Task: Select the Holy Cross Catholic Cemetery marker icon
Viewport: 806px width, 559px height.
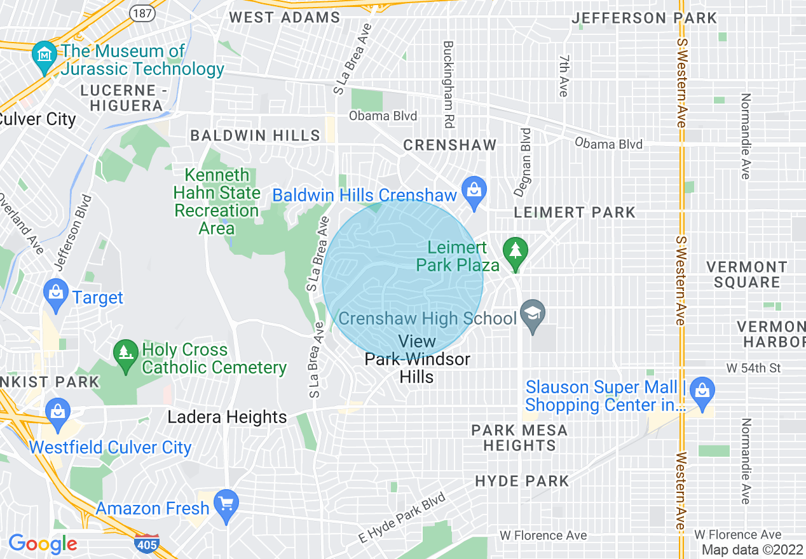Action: [125, 353]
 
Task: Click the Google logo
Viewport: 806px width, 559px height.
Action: [43, 544]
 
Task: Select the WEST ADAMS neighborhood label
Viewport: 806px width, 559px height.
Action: [284, 17]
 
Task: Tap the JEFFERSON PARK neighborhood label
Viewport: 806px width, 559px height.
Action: [644, 18]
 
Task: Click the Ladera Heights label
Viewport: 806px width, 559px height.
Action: [228, 417]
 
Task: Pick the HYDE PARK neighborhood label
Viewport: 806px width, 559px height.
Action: [522, 481]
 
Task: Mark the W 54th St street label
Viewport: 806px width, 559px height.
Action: [753, 368]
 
